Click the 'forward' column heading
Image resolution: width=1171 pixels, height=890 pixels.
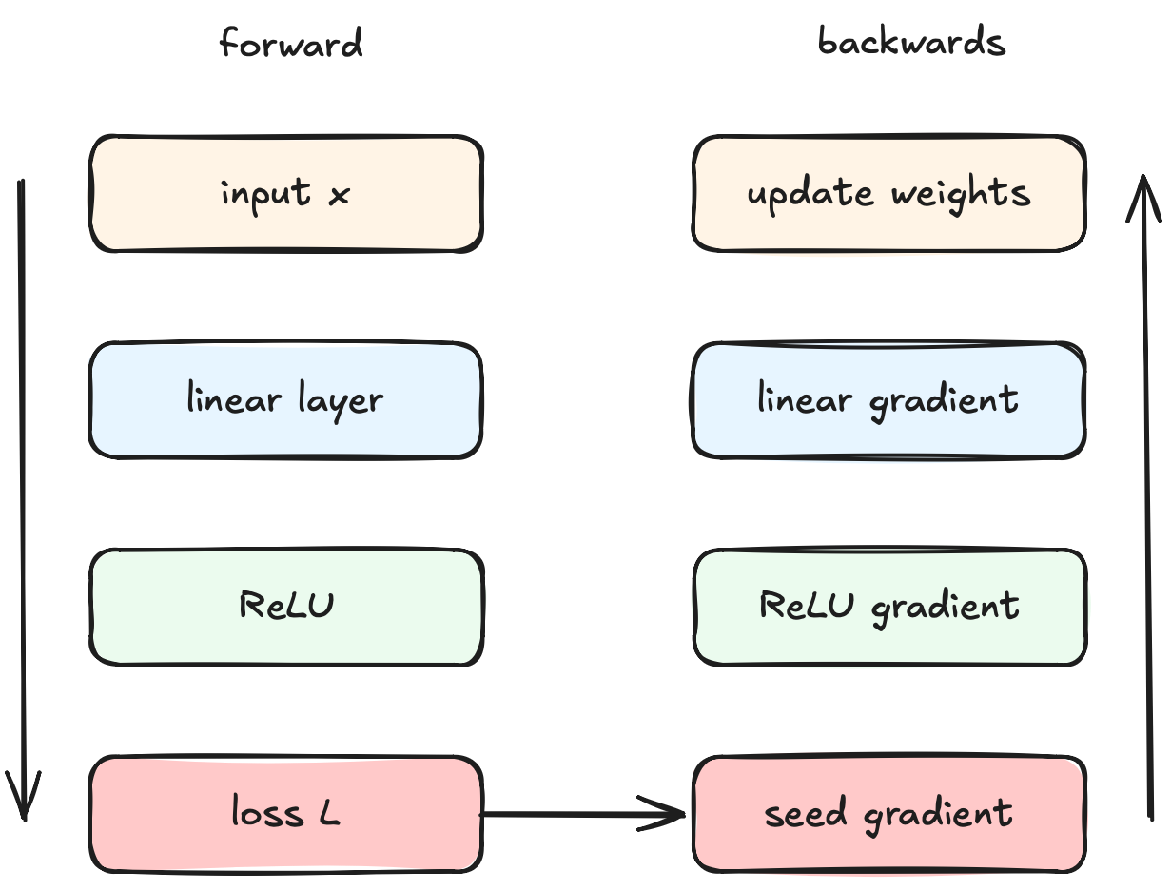click(x=291, y=42)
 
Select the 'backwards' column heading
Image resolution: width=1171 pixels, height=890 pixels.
click(x=911, y=41)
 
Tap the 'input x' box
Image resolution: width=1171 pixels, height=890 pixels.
click(x=286, y=194)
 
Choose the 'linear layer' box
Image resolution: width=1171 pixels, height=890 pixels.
click(x=286, y=399)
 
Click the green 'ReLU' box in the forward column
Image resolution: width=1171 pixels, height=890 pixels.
click(x=286, y=607)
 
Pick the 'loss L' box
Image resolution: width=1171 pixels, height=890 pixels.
click(x=286, y=813)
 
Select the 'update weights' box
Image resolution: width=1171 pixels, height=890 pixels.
click(x=889, y=193)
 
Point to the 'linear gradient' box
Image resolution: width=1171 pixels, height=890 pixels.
click(x=888, y=399)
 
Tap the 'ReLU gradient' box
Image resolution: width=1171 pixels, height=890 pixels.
click(x=889, y=607)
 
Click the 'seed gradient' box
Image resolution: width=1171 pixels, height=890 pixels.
click(x=889, y=813)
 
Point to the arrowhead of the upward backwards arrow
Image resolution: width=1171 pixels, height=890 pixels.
click(x=1143, y=176)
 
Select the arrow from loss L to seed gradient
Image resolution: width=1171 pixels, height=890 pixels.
click(x=582, y=814)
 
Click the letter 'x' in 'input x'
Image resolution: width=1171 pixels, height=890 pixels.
click(x=340, y=195)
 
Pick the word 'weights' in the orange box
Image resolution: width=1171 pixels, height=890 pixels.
click(x=960, y=193)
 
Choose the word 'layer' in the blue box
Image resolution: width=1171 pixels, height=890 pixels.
click(x=341, y=400)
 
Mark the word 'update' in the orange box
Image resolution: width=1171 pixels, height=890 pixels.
click(x=810, y=194)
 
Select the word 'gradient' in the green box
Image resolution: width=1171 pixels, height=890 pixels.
click(x=946, y=609)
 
